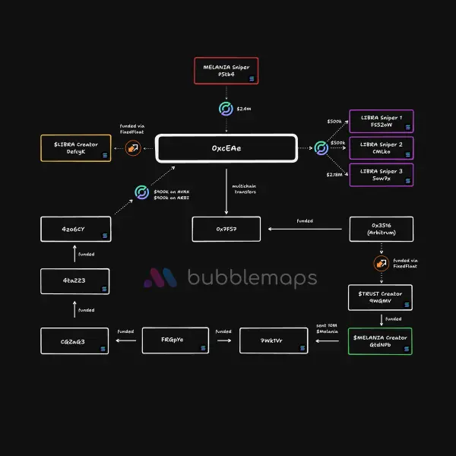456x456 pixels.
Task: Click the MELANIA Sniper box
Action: (226, 71)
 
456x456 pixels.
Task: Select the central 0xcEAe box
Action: (226, 148)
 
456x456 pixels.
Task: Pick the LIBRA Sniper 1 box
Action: (381, 122)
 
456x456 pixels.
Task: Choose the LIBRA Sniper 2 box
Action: (381, 148)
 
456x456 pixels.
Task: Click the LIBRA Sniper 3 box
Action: (381, 175)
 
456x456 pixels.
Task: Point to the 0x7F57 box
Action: (226, 229)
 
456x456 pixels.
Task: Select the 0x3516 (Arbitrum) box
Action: (381, 229)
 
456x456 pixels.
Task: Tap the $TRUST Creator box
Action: (381, 297)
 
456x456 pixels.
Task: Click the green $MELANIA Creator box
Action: (381, 340)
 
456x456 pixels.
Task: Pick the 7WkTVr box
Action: (274, 340)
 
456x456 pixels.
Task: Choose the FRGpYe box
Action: (175, 340)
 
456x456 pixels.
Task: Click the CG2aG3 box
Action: (74, 340)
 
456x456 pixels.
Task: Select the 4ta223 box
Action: (74, 281)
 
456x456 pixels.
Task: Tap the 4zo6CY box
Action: (74, 229)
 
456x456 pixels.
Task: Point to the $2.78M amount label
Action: (334, 175)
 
